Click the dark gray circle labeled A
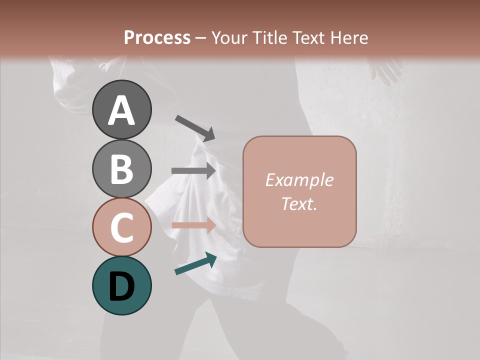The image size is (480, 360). [121, 109]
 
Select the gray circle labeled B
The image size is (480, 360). [121, 168]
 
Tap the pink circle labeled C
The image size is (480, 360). [121, 227]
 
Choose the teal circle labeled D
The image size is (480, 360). [121, 285]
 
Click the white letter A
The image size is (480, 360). [121, 110]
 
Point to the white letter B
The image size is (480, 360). [121, 169]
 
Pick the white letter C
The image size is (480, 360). [121, 227]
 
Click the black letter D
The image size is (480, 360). [121, 286]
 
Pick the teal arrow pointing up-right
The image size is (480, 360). [195, 263]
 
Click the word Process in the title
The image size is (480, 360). [157, 37]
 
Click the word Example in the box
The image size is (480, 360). [299, 180]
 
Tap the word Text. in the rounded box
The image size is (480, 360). [299, 203]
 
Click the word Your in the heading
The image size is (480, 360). [229, 37]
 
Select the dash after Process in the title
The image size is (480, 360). [201, 38]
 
